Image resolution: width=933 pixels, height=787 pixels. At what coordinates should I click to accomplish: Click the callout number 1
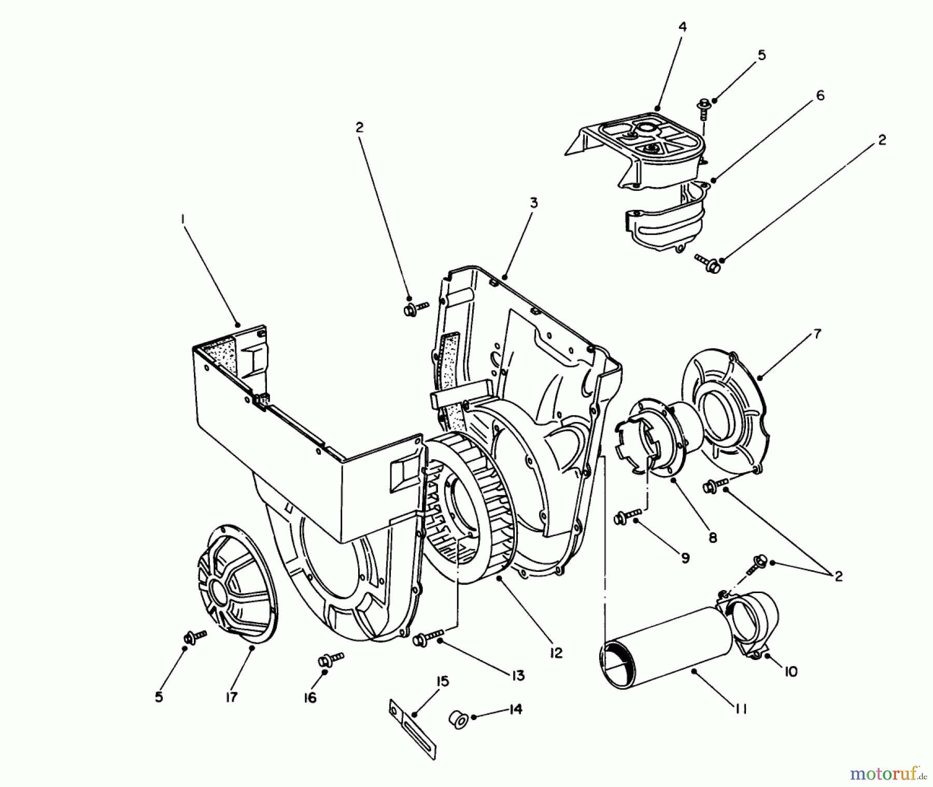tap(182, 220)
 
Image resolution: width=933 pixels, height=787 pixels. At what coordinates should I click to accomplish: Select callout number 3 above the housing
tap(533, 203)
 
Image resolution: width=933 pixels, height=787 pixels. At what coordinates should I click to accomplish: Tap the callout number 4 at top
tap(683, 27)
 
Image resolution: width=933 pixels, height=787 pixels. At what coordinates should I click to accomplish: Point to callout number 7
tap(817, 334)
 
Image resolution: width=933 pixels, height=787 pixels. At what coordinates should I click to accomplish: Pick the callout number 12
tap(556, 653)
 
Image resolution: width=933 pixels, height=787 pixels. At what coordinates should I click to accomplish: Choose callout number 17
tap(231, 697)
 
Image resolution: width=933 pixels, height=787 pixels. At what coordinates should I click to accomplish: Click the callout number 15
tap(443, 682)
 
